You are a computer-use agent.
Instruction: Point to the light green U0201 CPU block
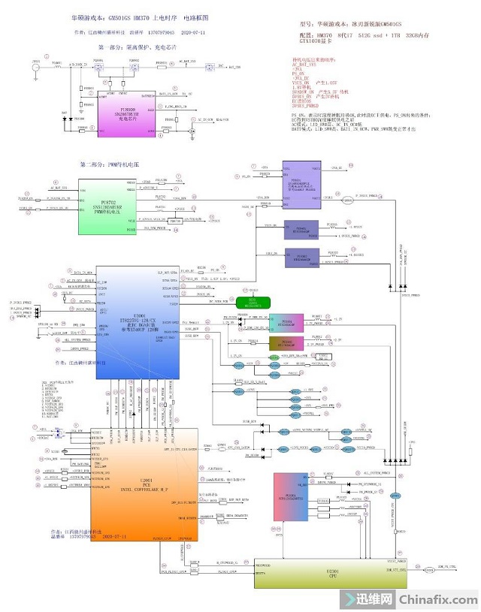324,574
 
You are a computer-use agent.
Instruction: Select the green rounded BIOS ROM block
253,303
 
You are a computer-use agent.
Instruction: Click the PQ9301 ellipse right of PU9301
348,200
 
